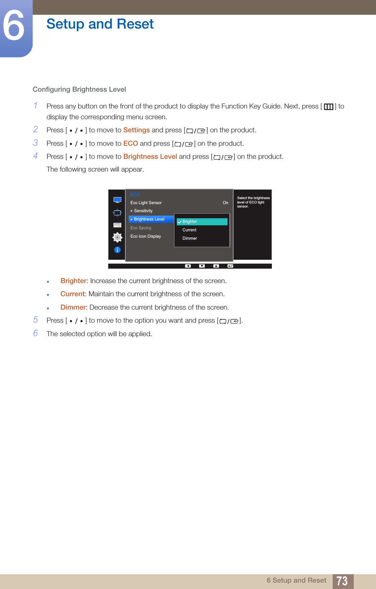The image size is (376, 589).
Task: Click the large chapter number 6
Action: pos(14,26)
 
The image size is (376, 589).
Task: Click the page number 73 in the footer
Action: pos(342,581)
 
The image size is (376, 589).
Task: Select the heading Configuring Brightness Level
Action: pos(79,89)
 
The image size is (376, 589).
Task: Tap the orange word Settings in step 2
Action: pos(136,130)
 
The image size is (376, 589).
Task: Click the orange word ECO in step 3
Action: pos(130,143)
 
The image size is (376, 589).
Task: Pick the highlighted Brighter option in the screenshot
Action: pos(202,222)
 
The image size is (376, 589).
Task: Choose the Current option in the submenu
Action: pos(190,230)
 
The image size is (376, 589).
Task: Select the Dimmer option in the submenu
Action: pos(190,238)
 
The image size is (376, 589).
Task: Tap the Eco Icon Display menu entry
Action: pos(146,236)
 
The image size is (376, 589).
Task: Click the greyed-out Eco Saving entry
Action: pos(141,228)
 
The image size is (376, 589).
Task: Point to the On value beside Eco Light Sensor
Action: pos(225,203)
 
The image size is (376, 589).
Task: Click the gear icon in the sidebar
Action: pos(117,237)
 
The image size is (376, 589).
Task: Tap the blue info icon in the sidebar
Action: pos(117,250)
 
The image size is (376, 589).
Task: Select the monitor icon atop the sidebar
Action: pos(117,200)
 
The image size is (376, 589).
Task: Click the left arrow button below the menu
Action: pos(188,266)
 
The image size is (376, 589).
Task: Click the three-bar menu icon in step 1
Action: pos(329,107)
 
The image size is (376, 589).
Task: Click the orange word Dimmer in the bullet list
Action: pos(73,307)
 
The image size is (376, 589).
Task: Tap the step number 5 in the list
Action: pos(36,320)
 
